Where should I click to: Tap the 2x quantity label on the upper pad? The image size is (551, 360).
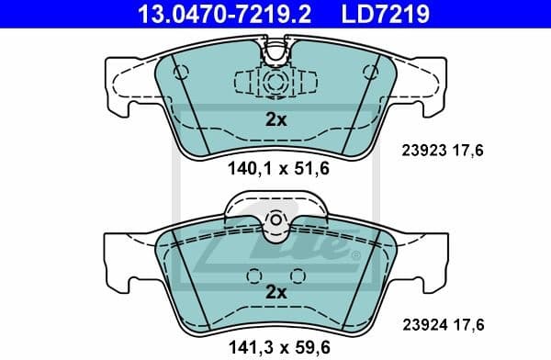(x=275, y=118)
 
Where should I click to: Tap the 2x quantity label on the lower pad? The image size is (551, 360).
(x=275, y=292)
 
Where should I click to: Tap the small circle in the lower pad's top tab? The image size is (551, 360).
(x=275, y=219)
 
